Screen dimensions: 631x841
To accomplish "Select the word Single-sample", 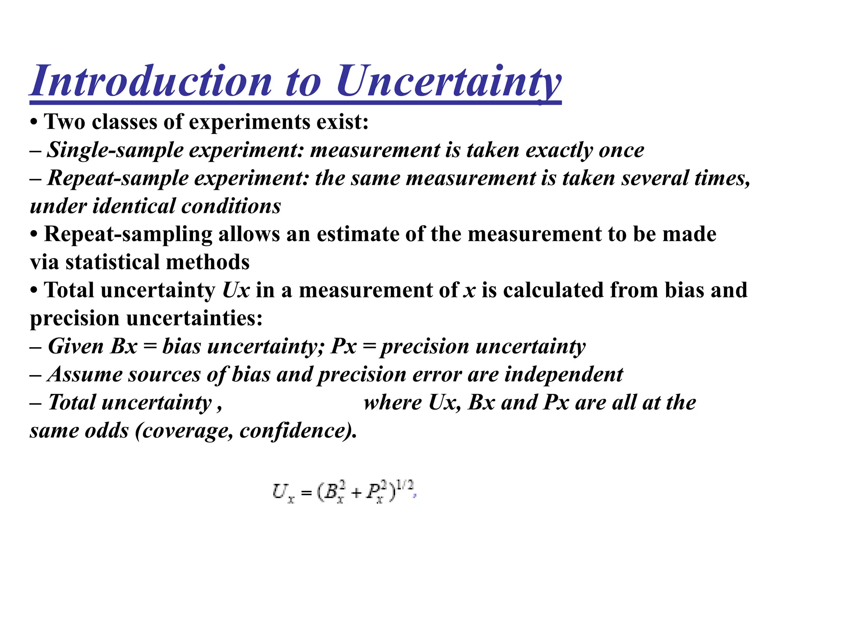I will click(x=115, y=150).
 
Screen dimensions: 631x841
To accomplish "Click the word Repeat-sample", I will click(x=117, y=178).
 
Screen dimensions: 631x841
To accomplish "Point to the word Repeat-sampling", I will click(x=128, y=234).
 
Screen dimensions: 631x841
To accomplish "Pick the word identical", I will click(x=133, y=206).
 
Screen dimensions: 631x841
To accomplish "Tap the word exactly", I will click(x=559, y=150).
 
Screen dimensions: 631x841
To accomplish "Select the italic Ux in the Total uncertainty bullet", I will click(x=236, y=290).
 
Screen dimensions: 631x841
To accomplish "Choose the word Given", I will click(x=76, y=346).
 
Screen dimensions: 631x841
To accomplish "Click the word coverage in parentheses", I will click(x=187, y=431).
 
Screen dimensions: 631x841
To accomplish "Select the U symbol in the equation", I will click(x=281, y=491).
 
